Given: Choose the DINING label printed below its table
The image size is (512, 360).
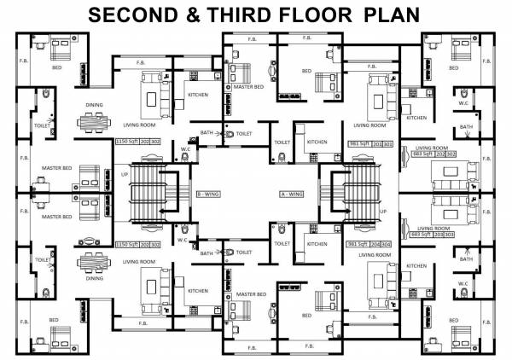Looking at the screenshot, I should (x=94, y=277).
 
